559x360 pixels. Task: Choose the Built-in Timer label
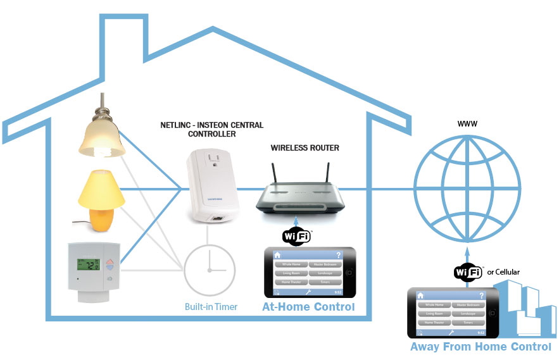click(211, 307)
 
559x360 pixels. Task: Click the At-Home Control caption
click(308, 307)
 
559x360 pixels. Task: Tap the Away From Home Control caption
click(480, 347)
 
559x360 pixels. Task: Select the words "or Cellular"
click(504, 272)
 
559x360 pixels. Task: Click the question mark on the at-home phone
click(339, 254)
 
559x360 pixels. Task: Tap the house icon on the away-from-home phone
click(420, 295)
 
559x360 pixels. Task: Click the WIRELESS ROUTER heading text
click(305, 148)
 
